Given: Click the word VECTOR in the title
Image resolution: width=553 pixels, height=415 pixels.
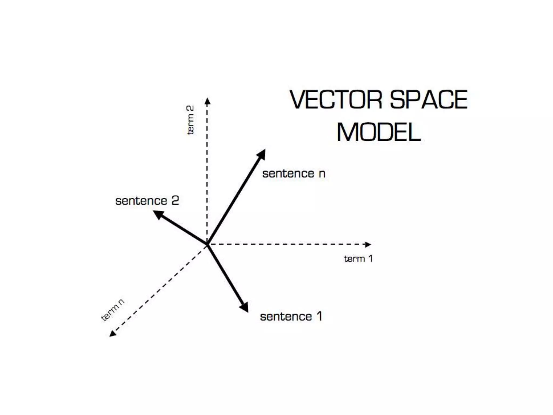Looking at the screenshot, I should coord(336,100).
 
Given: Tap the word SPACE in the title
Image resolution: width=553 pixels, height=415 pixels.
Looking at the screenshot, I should coord(429,100).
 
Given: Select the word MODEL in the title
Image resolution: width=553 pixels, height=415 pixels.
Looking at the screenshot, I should coord(379,132).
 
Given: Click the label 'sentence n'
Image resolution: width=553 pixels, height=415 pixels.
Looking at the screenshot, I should coord(294,174).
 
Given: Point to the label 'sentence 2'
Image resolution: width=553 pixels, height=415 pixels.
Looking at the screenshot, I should coord(147,201).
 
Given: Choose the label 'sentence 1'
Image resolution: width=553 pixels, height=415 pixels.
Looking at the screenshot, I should coord(291,317).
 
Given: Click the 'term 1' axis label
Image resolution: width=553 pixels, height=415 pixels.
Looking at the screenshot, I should coord(358,259).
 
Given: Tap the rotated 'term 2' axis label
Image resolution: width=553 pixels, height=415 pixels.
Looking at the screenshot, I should coord(190,120).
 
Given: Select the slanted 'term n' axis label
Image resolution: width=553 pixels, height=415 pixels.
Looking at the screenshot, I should coord(113,310).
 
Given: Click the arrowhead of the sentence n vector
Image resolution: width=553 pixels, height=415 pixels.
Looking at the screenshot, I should coord(262,154).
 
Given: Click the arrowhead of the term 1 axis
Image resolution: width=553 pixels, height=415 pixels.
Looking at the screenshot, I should coord(368,245).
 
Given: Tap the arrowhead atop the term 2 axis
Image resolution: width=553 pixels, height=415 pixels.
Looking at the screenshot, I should coord(207,101).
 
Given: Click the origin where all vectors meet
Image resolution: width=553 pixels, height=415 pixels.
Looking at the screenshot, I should coord(207,244).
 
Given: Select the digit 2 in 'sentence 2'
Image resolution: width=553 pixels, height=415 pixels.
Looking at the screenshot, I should coord(175,201).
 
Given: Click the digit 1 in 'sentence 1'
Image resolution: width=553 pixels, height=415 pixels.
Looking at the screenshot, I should coord(319,317).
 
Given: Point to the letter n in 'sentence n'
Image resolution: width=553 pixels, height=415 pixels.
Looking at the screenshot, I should coord(322,174).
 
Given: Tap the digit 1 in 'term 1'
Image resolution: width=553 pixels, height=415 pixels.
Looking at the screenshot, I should coord(370,259).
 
